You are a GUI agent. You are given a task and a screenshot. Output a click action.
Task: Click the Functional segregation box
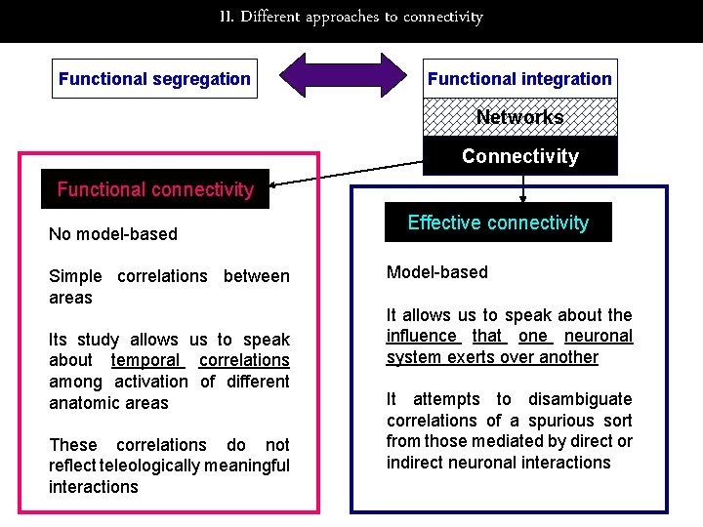[x=154, y=79]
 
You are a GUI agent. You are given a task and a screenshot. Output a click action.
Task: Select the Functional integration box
[x=519, y=79]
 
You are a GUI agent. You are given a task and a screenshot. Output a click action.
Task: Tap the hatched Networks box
[x=519, y=117]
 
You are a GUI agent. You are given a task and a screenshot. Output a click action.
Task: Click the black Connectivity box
[x=519, y=156]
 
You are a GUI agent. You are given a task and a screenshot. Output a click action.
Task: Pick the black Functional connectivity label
[x=154, y=189]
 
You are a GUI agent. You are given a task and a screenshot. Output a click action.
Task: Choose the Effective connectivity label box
[x=498, y=223]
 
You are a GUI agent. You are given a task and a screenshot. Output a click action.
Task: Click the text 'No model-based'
[x=113, y=233]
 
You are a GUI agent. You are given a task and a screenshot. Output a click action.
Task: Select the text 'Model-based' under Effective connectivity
[x=436, y=272]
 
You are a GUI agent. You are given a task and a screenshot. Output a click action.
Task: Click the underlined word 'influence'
[x=422, y=336]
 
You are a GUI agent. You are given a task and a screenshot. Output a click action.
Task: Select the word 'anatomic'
[x=81, y=403]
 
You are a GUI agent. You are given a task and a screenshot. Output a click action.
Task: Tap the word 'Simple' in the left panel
[x=75, y=276]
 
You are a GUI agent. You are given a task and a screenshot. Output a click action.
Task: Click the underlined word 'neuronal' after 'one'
[x=599, y=336]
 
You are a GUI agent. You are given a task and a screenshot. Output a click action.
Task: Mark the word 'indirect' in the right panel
[x=418, y=463]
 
